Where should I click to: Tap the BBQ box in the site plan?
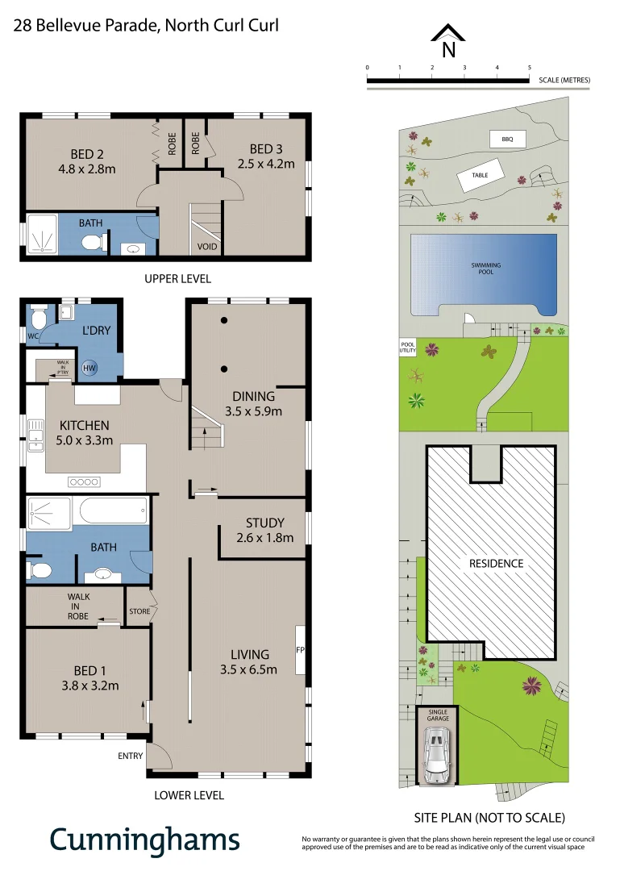(507, 140)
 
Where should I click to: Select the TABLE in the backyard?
(481, 175)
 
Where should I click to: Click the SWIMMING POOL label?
(486, 269)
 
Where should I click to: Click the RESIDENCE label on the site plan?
(496, 564)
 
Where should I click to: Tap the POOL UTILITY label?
(408, 347)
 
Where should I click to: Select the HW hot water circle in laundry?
(89, 368)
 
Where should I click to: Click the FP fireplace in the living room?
(300, 649)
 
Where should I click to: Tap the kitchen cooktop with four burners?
(83, 481)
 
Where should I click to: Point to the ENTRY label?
(131, 756)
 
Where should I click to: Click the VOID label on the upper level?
(206, 246)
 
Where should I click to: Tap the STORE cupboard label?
(139, 611)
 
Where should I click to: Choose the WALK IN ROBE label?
(78, 606)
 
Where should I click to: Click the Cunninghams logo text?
(145, 839)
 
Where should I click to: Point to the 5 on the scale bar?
(529, 68)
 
